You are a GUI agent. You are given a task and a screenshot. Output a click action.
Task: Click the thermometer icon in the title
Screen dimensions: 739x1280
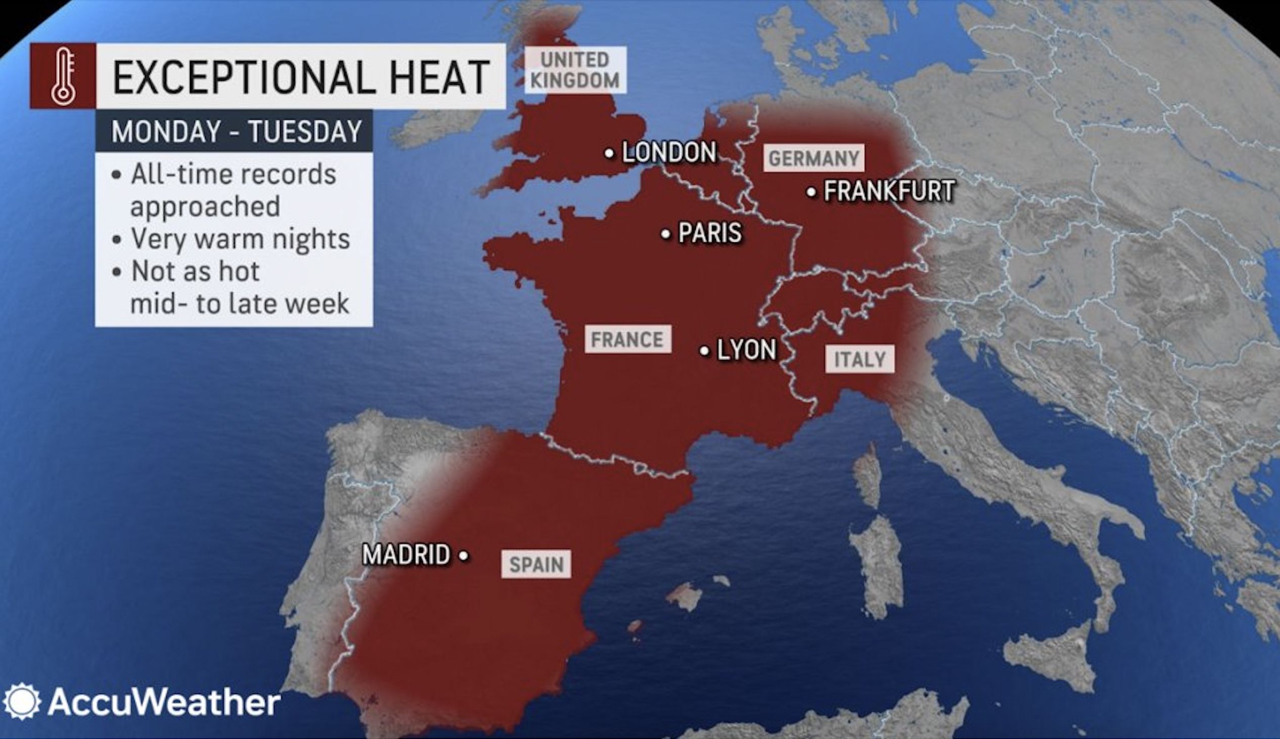click(x=63, y=76)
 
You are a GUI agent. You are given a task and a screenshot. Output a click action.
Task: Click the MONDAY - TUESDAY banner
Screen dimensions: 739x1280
click(x=234, y=131)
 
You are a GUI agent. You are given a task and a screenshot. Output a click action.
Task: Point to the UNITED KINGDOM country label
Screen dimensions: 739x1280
click(x=575, y=70)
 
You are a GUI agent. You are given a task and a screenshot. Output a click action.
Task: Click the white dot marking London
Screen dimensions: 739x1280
click(x=609, y=153)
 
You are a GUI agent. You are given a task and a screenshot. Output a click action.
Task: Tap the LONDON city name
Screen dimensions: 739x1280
click(x=669, y=152)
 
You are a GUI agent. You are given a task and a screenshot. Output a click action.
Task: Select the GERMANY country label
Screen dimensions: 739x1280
click(x=813, y=159)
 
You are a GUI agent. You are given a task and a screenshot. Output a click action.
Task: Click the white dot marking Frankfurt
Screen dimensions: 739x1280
click(x=811, y=192)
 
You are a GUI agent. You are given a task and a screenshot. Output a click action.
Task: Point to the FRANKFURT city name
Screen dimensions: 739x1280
click(x=889, y=191)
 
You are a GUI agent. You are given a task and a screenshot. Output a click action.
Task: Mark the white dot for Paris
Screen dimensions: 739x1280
click(x=665, y=234)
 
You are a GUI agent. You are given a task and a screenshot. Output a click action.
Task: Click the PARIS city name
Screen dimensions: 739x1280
click(x=710, y=234)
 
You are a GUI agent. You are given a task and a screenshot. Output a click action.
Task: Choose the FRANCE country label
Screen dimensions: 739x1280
click(x=627, y=340)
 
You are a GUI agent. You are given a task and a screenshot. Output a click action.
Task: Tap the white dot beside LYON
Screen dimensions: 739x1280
click(x=704, y=351)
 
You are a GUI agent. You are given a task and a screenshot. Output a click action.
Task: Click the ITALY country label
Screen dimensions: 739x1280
click(x=860, y=359)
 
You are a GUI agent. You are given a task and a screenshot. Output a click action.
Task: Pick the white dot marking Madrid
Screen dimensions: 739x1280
click(x=463, y=556)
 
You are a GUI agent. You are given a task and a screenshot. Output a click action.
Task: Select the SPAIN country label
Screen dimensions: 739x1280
click(x=536, y=564)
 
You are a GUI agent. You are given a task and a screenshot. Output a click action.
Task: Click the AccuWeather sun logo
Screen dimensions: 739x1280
click(x=21, y=702)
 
